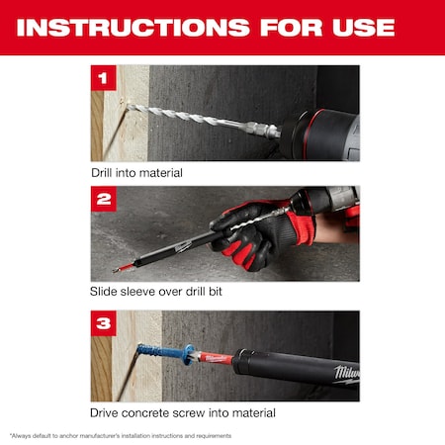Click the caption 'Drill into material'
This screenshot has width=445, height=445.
click(x=136, y=172)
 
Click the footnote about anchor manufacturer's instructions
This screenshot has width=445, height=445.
click(x=121, y=435)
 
